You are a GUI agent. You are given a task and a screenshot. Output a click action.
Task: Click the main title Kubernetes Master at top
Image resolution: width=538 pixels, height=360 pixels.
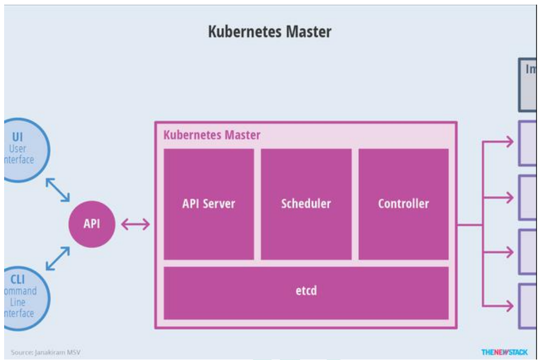pyautogui.click(x=270, y=32)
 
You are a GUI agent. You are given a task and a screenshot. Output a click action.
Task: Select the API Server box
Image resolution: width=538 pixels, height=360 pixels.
pyautogui.click(x=209, y=204)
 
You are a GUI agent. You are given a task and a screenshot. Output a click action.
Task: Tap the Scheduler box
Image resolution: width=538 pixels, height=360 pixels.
pyautogui.click(x=306, y=204)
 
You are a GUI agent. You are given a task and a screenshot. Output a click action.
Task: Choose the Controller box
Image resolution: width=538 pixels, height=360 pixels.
pyautogui.click(x=403, y=204)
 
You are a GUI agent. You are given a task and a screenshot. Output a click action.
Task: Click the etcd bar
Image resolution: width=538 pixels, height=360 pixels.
pyautogui.click(x=306, y=291)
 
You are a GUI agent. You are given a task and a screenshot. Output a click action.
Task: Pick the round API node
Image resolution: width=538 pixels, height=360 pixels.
pyautogui.click(x=92, y=224)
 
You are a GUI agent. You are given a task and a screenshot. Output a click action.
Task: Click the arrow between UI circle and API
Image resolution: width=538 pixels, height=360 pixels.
pyautogui.click(x=57, y=189)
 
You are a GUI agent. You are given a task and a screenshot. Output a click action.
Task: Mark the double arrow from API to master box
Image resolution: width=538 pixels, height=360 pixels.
pyautogui.click(x=136, y=224)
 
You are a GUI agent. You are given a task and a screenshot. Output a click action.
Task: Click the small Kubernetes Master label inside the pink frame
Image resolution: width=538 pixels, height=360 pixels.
pyautogui.click(x=212, y=135)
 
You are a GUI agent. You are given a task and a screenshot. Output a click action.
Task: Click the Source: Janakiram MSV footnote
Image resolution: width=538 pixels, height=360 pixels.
pyautogui.click(x=45, y=352)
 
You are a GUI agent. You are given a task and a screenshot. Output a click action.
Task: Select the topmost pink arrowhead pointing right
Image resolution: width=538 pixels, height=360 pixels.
pyautogui.click(x=509, y=142)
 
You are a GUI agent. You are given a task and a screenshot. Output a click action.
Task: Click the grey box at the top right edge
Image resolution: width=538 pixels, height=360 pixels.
pyautogui.click(x=527, y=85)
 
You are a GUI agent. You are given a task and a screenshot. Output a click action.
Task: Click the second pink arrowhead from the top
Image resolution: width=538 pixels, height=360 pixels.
pyautogui.click(x=509, y=197)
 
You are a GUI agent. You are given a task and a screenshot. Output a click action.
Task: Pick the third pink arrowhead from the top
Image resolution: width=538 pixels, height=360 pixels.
pyautogui.click(x=509, y=252)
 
